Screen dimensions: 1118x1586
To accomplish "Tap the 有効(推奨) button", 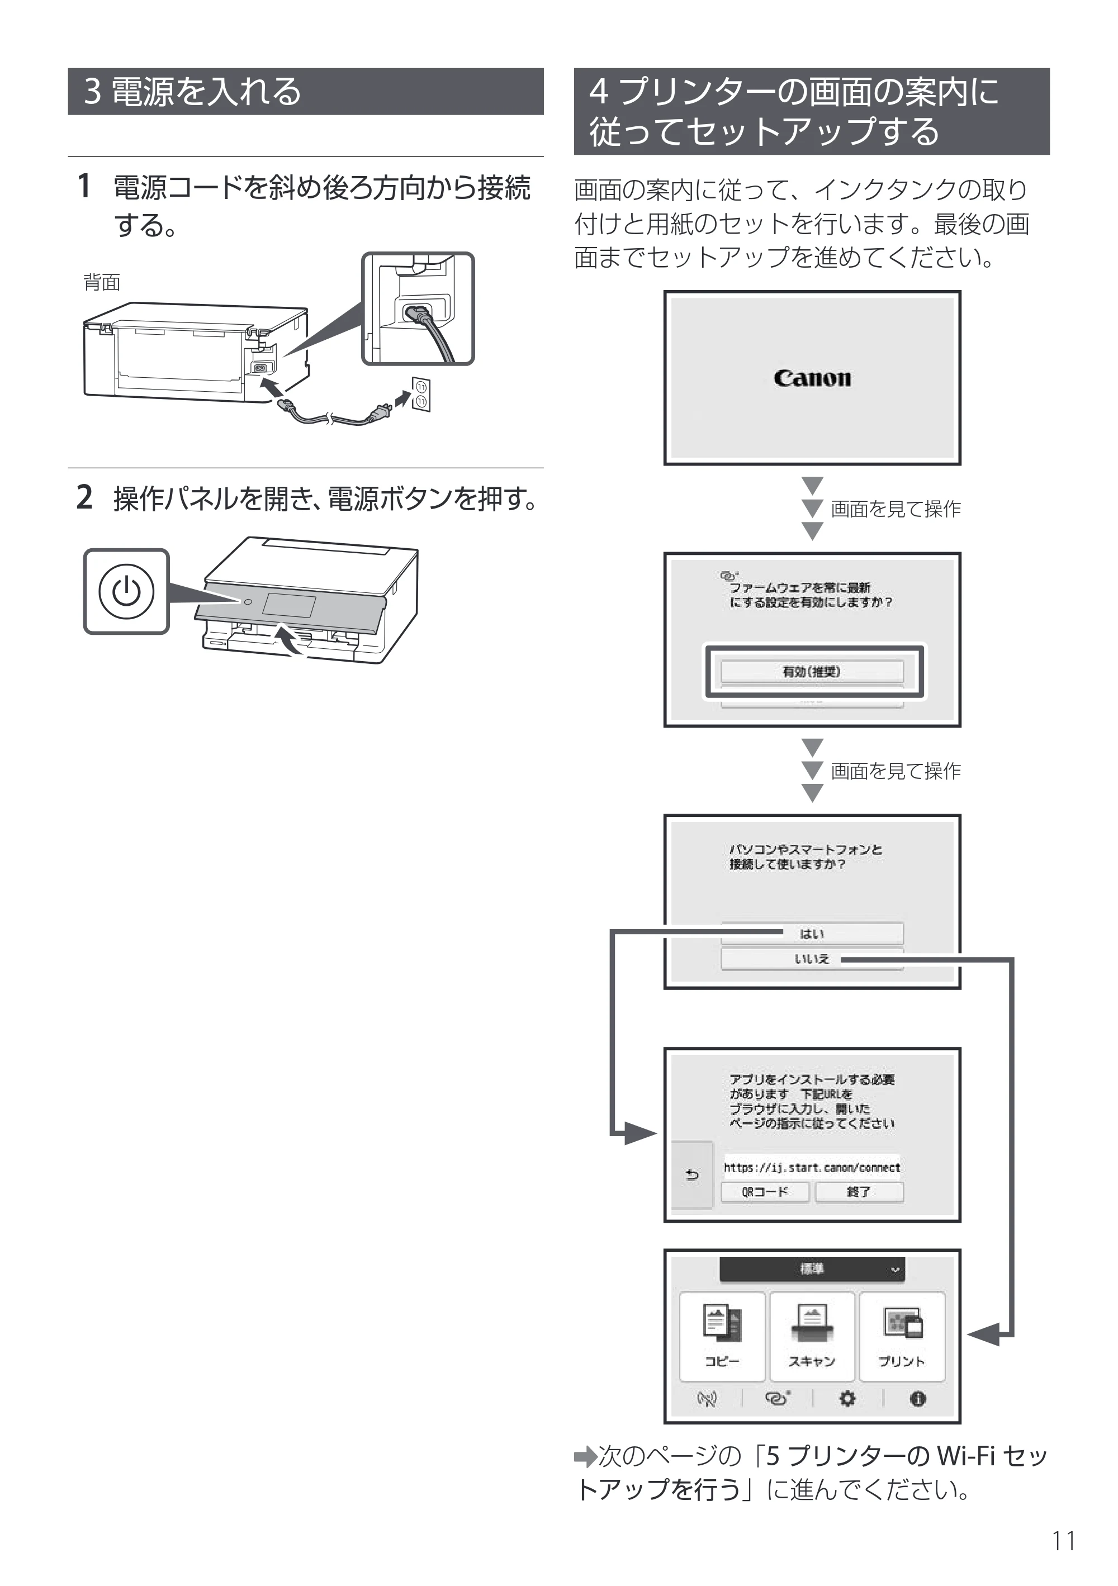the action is (x=812, y=671).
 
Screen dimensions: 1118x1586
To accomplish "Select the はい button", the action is (x=812, y=933).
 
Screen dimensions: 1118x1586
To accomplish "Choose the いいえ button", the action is (x=812, y=959).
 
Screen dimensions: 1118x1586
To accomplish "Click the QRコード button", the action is (x=765, y=1191).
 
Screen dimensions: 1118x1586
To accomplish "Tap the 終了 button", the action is (x=859, y=1191).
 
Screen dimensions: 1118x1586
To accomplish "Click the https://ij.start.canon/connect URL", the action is (x=812, y=1167).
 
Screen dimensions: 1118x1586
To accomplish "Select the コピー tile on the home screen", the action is (x=722, y=1336).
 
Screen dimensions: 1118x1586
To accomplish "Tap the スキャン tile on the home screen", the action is (x=812, y=1336).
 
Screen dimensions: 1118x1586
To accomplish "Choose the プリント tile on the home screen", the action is (x=902, y=1336).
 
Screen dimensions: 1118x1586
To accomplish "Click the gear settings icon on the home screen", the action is (x=847, y=1399).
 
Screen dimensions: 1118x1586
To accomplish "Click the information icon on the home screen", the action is (x=918, y=1399).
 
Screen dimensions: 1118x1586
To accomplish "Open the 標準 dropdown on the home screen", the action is (x=812, y=1269).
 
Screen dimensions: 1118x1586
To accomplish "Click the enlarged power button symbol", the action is (x=126, y=591).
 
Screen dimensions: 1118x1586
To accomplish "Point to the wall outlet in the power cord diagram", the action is (x=421, y=395).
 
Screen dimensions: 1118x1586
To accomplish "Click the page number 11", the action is (x=1063, y=1541).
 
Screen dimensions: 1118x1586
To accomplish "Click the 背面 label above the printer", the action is (x=102, y=283).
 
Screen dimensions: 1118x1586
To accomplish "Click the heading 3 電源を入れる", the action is (x=193, y=91).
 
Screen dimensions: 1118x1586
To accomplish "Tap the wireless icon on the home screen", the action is (x=707, y=1399).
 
